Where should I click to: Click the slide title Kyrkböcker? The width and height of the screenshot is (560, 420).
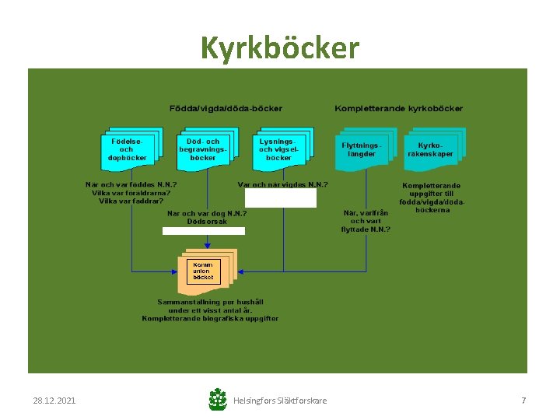280,48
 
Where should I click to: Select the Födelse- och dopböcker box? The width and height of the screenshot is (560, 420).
127,149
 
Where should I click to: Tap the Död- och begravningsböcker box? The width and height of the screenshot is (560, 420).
203,149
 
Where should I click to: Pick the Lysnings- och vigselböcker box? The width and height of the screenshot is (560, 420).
278,149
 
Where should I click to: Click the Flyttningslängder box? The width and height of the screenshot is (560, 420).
361,149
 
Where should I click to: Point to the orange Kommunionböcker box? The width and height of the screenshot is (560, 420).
203,271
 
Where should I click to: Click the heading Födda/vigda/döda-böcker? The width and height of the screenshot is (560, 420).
226,108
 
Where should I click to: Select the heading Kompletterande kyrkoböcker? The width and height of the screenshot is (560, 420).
398,108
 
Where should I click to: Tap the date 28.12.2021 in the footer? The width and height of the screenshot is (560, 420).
54,401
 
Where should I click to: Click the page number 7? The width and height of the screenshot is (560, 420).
523,401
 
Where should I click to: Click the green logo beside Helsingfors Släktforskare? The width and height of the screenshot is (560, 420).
218,400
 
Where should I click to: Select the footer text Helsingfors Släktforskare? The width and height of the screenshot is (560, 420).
280,401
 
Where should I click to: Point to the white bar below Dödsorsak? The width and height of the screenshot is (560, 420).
203,231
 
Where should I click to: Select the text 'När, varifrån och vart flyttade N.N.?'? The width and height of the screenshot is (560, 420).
366,221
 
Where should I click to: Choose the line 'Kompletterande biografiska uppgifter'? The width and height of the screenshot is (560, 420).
210,318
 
